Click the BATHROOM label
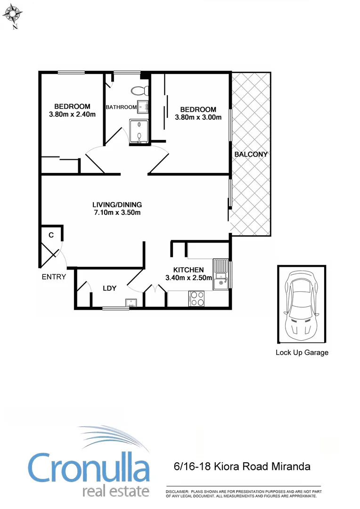point(121,107)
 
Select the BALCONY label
point(251,154)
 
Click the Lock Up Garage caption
point(302,353)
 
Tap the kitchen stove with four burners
point(196,299)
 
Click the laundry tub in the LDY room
point(130,303)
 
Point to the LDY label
point(109,288)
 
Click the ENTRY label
point(54,277)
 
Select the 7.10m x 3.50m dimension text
point(117,213)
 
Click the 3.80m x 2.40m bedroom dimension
point(72,114)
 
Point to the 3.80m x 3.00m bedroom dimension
point(198,117)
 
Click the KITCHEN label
point(188,270)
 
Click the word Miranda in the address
point(290,467)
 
